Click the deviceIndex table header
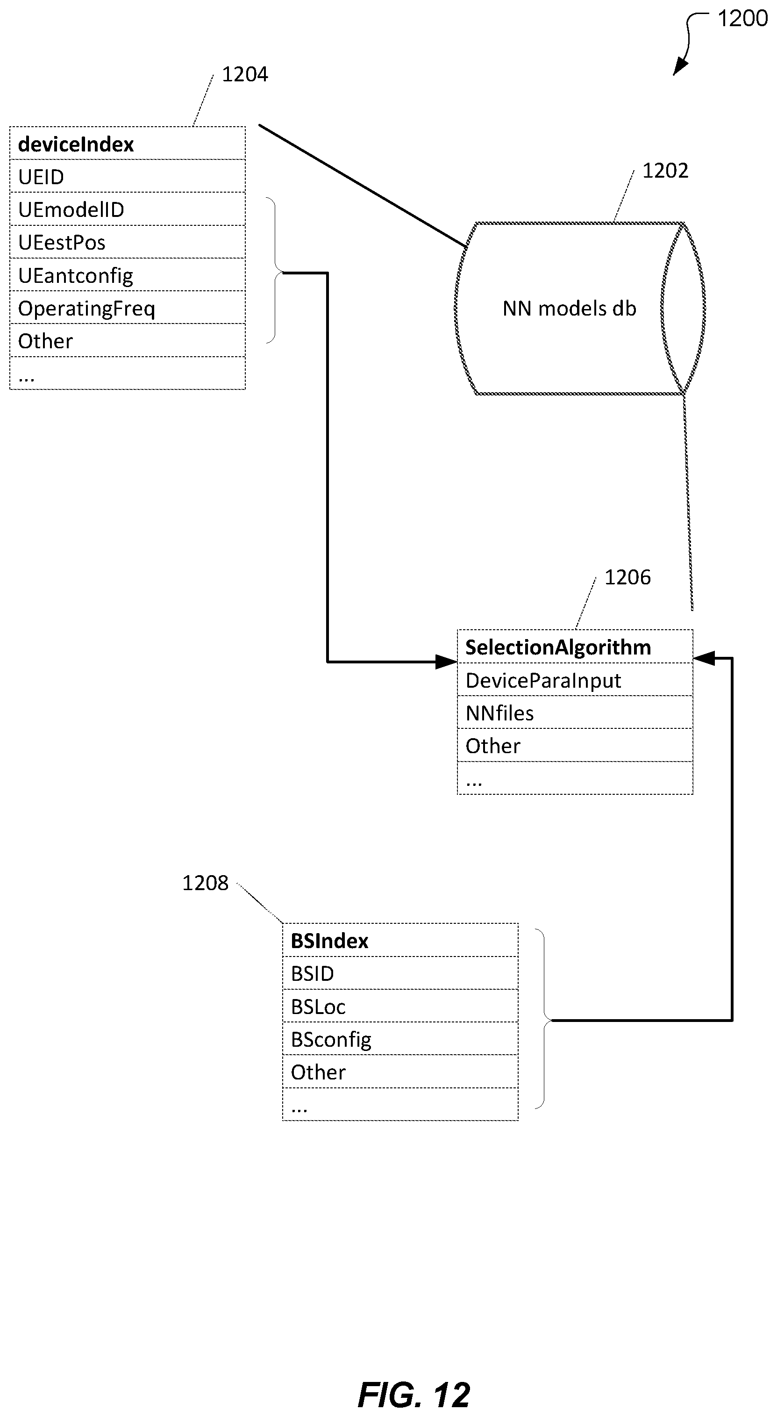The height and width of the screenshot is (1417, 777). pyautogui.click(x=128, y=144)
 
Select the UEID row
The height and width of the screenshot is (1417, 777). pyautogui.click(x=128, y=176)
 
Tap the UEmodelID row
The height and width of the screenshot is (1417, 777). pyautogui.click(x=128, y=209)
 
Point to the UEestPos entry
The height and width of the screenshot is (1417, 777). pyautogui.click(x=128, y=242)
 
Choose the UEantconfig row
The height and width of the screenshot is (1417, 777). pyautogui.click(x=128, y=274)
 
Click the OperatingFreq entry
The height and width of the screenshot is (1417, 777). pyautogui.click(x=128, y=308)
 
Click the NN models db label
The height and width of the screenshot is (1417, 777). pyautogui.click(x=569, y=309)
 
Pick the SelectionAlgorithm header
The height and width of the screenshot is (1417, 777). pyautogui.click(x=575, y=647)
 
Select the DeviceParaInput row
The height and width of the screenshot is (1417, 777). pyautogui.click(x=575, y=680)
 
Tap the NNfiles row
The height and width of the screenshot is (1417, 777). pyautogui.click(x=575, y=712)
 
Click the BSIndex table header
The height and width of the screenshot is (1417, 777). pyautogui.click(x=400, y=941)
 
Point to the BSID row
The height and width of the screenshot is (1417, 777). pyautogui.click(x=400, y=973)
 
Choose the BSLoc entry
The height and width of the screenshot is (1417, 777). pyautogui.click(x=400, y=1006)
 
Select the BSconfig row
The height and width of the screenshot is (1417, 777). pyautogui.click(x=400, y=1038)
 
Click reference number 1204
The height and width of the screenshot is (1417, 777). pyautogui.click(x=245, y=74)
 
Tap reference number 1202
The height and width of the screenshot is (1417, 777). pyautogui.click(x=665, y=171)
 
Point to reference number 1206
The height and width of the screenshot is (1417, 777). pyautogui.click(x=627, y=577)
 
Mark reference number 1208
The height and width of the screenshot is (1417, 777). pyautogui.click(x=205, y=883)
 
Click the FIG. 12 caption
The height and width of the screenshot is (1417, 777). pyautogui.click(x=414, y=1395)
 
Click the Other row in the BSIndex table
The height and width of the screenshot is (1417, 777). pyautogui.click(x=400, y=1072)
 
